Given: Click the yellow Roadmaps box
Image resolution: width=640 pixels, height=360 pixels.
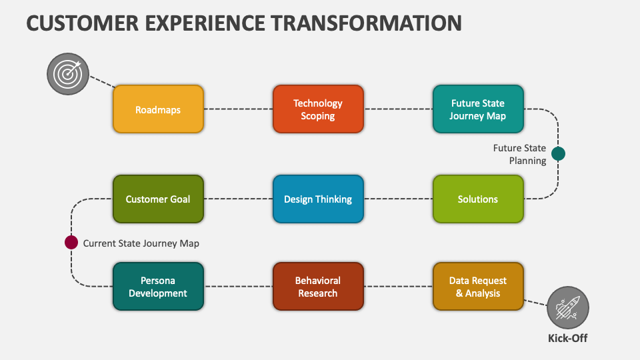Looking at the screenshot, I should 158,109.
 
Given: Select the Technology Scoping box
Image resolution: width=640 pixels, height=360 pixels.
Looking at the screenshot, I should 318,109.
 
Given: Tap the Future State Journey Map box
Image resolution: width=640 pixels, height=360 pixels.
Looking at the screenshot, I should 478,109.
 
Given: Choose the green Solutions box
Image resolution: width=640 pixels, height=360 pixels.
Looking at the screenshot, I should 478,199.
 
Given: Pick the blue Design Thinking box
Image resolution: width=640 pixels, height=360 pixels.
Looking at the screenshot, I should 318,199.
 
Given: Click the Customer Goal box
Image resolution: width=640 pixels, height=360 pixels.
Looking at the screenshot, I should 158,199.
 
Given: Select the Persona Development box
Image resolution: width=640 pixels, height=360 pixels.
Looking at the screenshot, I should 158,287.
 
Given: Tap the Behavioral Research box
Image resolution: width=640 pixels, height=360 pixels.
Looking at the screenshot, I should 318,287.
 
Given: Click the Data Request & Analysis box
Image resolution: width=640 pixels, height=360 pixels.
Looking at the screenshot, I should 478,287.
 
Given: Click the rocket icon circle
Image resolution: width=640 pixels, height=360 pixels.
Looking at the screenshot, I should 568,307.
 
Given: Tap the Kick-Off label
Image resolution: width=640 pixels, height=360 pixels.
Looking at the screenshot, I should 568,338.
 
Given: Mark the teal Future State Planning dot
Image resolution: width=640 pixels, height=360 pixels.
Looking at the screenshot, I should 559,154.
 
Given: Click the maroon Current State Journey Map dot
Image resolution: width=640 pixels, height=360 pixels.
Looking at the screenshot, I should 71,243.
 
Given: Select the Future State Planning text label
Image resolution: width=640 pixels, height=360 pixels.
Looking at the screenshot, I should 519,154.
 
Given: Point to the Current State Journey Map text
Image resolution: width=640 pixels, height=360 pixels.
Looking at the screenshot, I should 141,243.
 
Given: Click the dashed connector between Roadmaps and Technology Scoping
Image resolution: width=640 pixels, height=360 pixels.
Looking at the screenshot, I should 238,109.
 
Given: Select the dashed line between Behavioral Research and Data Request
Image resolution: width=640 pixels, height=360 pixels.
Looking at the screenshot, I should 398,287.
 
